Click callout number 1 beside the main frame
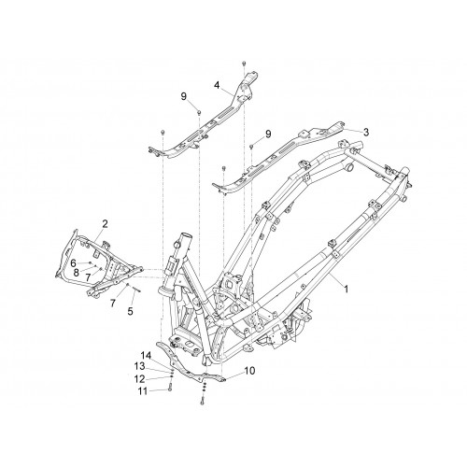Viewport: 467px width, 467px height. [x=346, y=290]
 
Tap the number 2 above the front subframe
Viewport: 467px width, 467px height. [x=105, y=224]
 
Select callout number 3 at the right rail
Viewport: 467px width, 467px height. [x=366, y=132]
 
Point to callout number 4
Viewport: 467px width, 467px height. [x=217, y=85]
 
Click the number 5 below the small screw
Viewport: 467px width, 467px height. [x=130, y=311]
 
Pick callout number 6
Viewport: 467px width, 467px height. [x=73, y=263]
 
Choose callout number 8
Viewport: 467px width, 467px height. [x=77, y=273]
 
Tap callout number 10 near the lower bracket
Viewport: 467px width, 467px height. [x=249, y=371]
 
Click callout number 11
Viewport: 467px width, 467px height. [x=143, y=391]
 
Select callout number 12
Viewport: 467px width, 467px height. [x=139, y=379]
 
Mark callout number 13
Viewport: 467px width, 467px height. [x=139, y=367]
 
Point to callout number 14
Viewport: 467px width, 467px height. [x=146, y=356]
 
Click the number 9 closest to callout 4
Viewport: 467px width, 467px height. [x=184, y=96]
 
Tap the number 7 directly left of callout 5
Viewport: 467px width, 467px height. [x=113, y=303]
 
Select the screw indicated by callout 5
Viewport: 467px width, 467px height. [x=137, y=290]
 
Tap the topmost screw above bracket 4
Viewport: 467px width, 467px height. [x=244, y=64]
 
